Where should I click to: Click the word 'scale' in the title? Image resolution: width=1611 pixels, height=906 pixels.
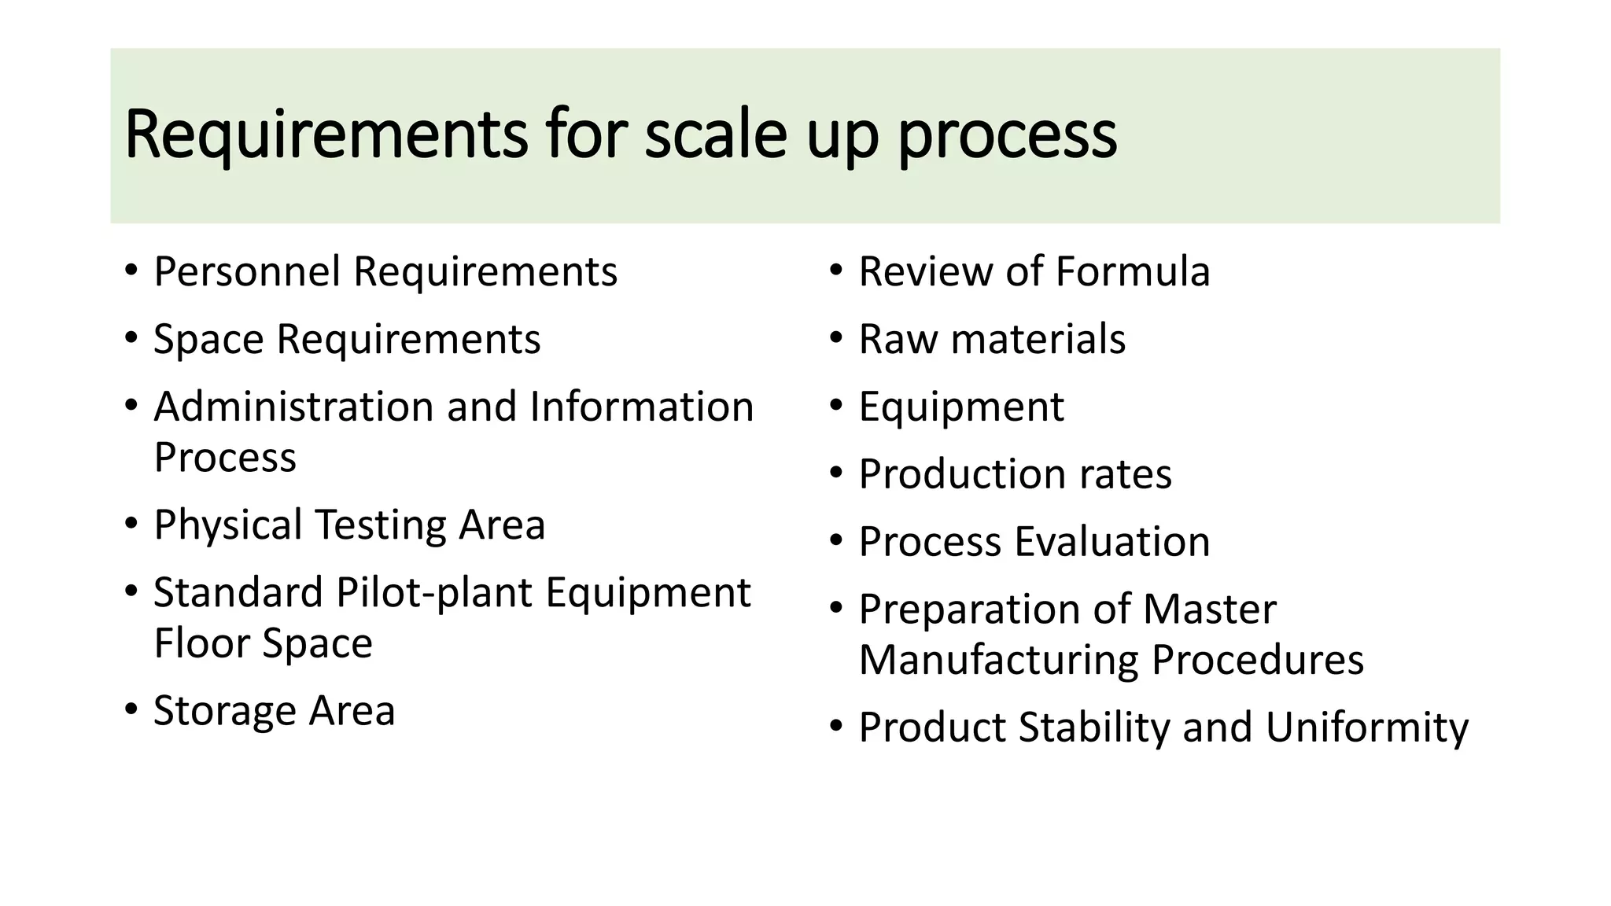tap(715, 134)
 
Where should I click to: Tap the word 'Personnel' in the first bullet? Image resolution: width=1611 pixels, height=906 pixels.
tap(247, 272)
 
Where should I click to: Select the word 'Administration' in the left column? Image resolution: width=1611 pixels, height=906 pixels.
tap(294, 407)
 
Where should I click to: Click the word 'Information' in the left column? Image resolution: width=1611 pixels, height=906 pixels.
tap(642, 407)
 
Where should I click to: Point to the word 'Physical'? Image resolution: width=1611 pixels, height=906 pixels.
tap(228, 525)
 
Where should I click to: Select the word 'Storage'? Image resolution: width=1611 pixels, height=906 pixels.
tap(224, 711)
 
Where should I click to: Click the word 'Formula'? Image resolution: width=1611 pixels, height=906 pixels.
tap(1133, 272)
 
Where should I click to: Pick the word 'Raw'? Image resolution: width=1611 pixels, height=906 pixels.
tap(898, 340)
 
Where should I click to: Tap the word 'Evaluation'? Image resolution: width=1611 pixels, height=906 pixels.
tap(1112, 542)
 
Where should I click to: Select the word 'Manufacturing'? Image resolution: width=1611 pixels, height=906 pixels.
tap(998, 660)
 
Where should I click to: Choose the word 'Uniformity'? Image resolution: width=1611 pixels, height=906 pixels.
tap(1366, 727)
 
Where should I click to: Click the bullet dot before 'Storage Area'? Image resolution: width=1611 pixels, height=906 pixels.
tap(131, 710)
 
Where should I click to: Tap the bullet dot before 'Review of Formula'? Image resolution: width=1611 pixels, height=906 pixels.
tap(836, 271)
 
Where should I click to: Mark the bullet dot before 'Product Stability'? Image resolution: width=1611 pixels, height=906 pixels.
tap(836, 727)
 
